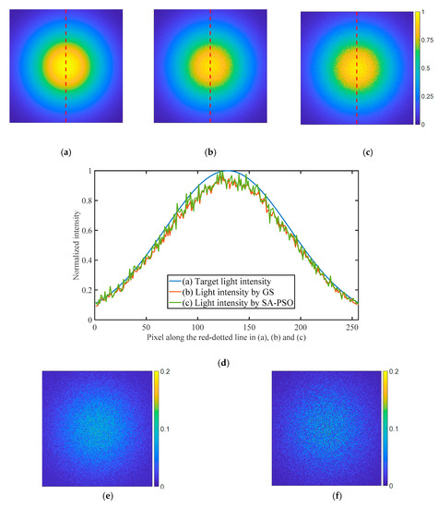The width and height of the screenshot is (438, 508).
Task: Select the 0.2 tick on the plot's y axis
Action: pos(86,290)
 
